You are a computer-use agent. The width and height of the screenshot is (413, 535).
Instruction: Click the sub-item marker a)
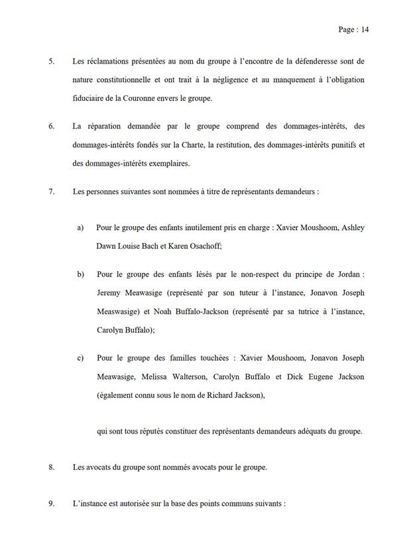[x=80, y=227]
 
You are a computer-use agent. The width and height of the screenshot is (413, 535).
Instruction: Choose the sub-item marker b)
[x=80, y=274]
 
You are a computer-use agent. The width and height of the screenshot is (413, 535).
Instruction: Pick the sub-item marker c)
[x=80, y=358]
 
